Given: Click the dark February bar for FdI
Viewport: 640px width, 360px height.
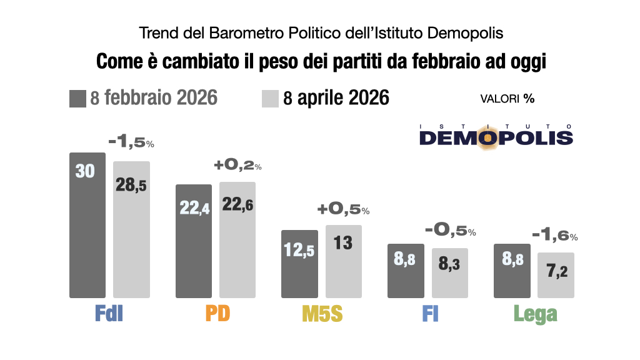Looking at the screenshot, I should [87, 225].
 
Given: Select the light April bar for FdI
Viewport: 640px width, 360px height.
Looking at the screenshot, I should [131, 229].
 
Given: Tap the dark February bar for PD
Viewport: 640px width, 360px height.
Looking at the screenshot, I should [194, 241].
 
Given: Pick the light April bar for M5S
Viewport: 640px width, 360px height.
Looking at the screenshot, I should [344, 261].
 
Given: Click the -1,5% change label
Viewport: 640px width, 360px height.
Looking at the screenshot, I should [131, 142].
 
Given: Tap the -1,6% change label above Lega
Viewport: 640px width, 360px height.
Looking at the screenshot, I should [555, 236].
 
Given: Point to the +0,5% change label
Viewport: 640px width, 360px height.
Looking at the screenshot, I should [344, 209].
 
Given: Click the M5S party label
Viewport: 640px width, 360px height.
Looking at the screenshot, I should [322, 314].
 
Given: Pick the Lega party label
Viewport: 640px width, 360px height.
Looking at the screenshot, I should [535, 314].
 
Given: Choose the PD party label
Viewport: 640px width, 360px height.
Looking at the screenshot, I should [216, 314].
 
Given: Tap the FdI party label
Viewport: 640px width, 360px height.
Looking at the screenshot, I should [109, 314].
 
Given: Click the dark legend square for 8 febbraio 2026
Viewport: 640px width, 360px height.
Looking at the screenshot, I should [77, 98].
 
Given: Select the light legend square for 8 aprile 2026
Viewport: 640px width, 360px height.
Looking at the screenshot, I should [269, 98].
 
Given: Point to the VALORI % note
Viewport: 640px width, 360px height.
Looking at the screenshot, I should [507, 99].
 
